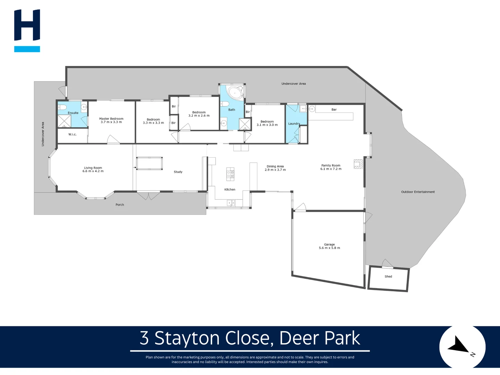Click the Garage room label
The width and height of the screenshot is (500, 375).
point(329,244)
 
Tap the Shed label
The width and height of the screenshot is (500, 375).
point(388,277)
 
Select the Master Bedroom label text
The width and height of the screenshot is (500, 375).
point(111,119)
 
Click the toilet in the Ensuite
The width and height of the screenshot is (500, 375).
point(62,107)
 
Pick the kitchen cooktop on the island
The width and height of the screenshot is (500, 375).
point(230,174)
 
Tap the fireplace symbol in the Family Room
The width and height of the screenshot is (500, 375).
point(358,164)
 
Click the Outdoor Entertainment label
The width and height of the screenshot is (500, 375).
point(418,192)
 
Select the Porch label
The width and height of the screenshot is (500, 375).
point(120,205)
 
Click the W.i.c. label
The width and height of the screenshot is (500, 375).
point(72,134)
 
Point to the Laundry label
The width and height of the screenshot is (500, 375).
point(294,124)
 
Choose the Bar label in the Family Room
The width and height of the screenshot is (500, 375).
point(334,110)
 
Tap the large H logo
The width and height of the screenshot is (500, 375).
point(27,25)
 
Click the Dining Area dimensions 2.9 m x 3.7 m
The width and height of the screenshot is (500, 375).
point(275,170)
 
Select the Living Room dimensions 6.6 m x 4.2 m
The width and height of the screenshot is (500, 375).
point(93,171)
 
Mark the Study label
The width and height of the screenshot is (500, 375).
point(178,172)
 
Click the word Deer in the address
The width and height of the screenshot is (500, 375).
point(296,338)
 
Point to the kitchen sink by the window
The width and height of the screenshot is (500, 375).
point(230,203)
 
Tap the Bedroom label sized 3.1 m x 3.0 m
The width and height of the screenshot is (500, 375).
point(267,122)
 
